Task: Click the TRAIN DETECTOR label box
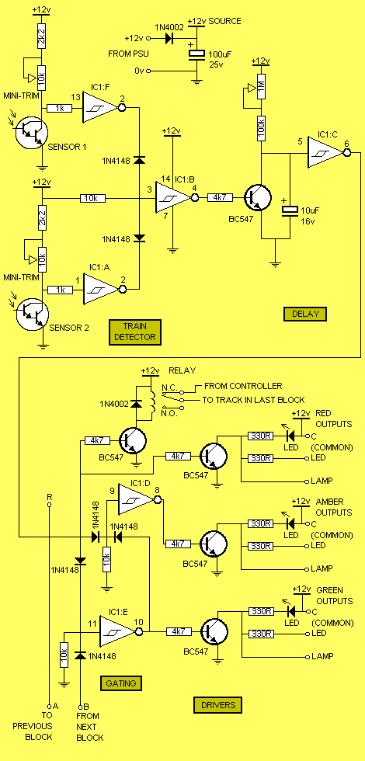pyautogui.click(x=135, y=332)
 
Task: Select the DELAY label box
pyautogui.click(x=305, y=314)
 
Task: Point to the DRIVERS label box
pyautogui.click(x=217, y=705)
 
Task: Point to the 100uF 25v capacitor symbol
pyautogui.click(x=196, y=54)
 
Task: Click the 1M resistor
pyautogui.click(x=261, y=86)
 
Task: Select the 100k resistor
pyautogui.click(x=261, y=128)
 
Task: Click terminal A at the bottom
pyautogui.click(x=49, y=706)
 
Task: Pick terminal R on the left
pyautogui.click(x=49, y=505)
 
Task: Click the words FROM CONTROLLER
pyautogui.click(x=243, y=386)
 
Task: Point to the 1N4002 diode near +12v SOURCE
pyautogui.click(x=169, y=38)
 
